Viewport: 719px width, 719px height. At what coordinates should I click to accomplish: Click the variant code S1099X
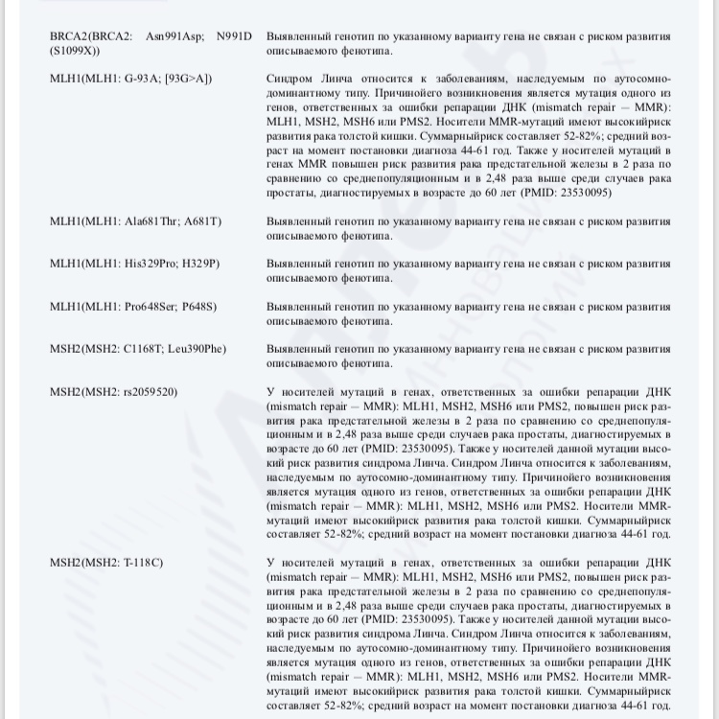(76, 50)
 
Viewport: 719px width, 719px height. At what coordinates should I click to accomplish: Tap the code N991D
(234, 35)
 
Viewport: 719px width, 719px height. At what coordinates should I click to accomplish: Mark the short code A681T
(203, 221)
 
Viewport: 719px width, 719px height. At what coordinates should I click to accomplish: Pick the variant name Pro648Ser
(155, 307)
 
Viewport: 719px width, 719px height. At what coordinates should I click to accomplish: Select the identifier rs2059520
(145, 392)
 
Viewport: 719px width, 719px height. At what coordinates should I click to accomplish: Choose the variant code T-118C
(143, 562)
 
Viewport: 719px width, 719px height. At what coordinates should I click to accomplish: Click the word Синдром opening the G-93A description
(290, 79)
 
